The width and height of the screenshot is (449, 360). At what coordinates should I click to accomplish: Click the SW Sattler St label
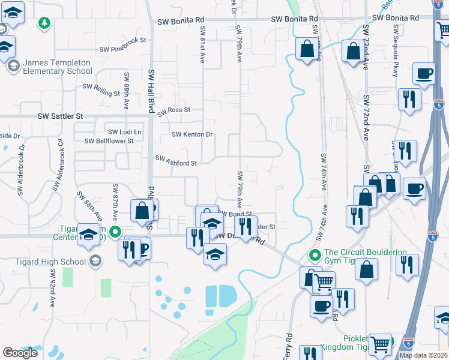60,115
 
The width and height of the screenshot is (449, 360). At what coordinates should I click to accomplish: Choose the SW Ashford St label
176,162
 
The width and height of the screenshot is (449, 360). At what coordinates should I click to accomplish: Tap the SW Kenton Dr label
192,134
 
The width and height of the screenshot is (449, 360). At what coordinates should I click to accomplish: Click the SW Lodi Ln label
125,131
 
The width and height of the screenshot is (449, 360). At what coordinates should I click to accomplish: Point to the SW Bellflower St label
109,141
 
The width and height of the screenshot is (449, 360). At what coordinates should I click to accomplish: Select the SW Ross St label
173,110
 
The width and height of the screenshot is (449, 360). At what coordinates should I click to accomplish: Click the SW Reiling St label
101,89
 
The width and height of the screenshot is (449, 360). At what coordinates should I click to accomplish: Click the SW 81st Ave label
202,46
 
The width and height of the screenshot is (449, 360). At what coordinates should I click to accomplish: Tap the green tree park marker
44,23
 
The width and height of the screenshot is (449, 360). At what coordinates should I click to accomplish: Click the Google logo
20,352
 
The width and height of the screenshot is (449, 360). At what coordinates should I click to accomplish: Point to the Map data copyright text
423,355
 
